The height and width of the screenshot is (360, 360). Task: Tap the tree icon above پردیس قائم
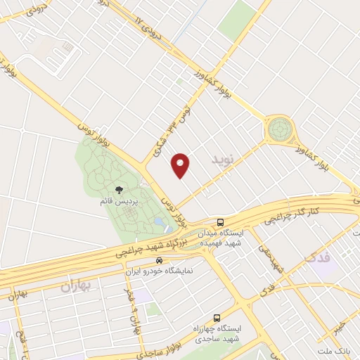[x=118, y=190]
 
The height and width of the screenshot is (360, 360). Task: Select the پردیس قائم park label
[x=117, y=202]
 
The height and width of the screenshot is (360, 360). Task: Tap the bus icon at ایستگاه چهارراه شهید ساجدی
[x=216, y=317]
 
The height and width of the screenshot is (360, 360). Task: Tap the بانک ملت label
[x=333, y=350]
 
